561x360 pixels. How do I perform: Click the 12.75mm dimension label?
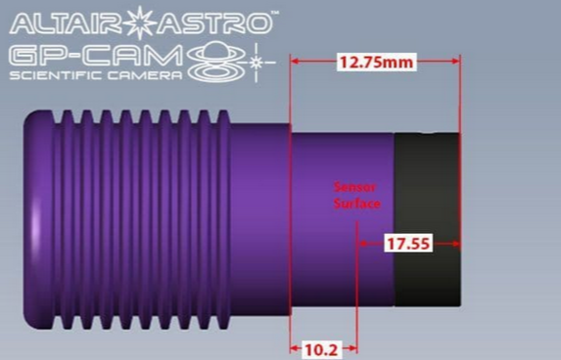coord(376,63)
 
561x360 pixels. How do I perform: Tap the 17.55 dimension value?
coord(408,244)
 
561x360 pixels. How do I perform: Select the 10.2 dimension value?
coord(320,349)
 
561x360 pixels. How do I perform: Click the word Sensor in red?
coord(354,187)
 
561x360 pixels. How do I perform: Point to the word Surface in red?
coord(356,203)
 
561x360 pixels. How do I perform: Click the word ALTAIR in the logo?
coord(68,23)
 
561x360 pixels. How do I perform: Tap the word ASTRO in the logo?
coord(215,23)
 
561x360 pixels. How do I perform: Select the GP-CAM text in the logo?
coord(97,56)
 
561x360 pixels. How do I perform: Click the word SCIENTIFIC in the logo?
coord(55,75)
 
